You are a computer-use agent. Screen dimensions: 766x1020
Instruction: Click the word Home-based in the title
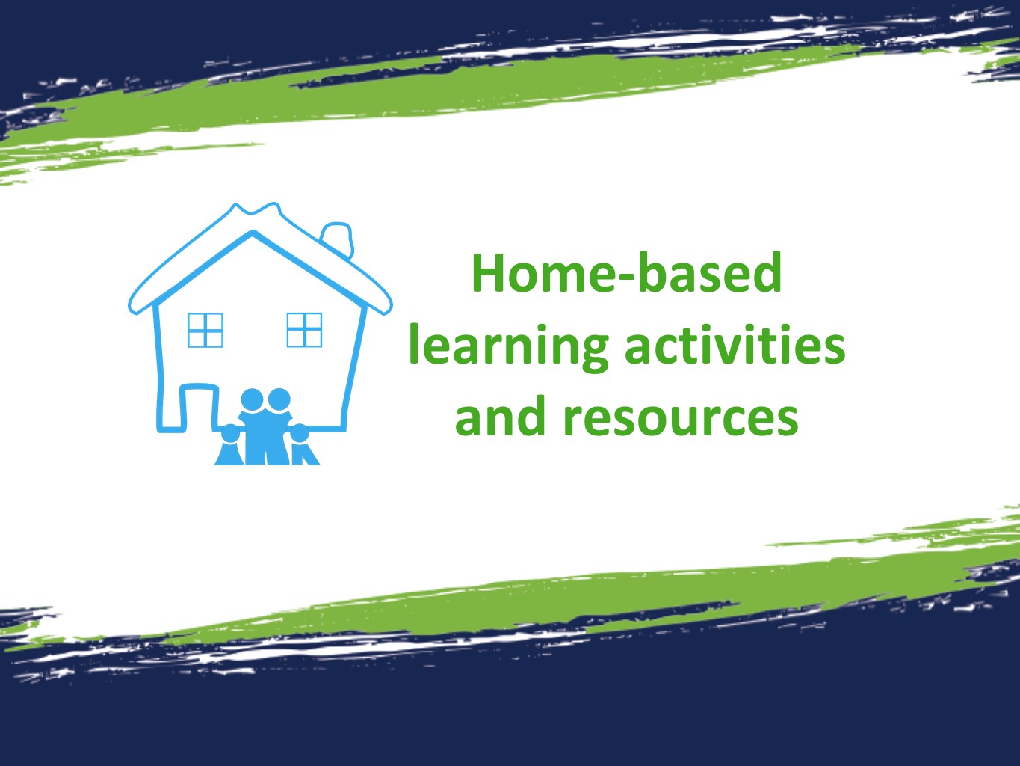click(x=626, y=274)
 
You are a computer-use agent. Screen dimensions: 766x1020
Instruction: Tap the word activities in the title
click(x=735, y=346)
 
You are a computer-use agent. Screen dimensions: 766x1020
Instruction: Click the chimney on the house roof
click(x=338, y=237)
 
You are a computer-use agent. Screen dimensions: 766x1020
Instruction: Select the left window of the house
click(x=205, y=330)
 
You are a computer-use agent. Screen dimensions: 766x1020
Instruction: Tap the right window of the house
click(x=304, y=330)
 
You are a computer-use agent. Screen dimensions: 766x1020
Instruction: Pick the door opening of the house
click(x=199, y=408)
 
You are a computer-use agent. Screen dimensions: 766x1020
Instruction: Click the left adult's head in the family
click(x=253, y=400)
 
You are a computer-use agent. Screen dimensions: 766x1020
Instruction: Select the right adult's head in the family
click(x=279, y=400)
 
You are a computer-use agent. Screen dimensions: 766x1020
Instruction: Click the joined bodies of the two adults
click(x=265, y=438)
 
